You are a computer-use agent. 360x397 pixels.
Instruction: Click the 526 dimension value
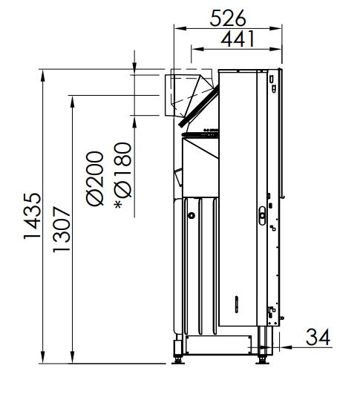click(x=228, y=18)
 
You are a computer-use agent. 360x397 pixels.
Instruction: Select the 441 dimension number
click(x=238, y=39)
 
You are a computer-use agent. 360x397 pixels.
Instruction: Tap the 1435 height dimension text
click(x=32, y=216)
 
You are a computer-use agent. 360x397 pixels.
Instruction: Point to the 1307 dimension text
click(x=62, y=229)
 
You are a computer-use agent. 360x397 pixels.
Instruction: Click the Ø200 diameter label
click(x=95, y=179)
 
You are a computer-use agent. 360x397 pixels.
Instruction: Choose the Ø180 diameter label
click(x=123, y=170)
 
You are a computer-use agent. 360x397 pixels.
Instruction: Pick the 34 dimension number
click(x=318, y=337)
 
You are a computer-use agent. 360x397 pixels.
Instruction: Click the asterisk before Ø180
click(x=118, y=205)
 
